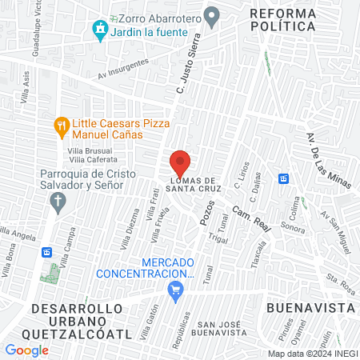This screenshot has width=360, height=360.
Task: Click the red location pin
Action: (x=180, y=161)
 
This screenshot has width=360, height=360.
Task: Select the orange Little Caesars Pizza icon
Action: (x=61, y=125)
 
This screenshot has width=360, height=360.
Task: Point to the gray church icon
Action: (x=55, y=203)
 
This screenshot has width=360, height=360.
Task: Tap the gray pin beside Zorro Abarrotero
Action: (x=212, y=15)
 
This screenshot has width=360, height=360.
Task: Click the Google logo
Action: (x=26, y=350)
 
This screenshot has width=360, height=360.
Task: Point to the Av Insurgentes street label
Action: (x=123, y=69)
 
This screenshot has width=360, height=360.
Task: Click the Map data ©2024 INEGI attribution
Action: (x=312, y=354)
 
